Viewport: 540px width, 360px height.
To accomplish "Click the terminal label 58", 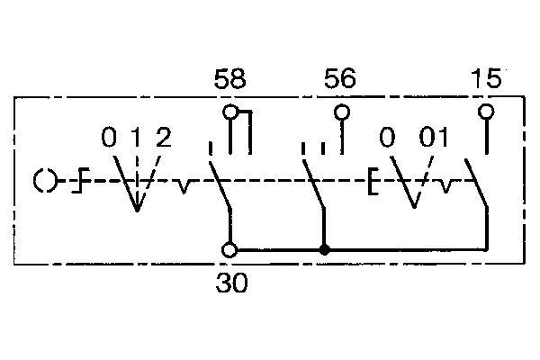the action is [230, 78].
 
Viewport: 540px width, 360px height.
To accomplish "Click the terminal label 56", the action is [340, 78].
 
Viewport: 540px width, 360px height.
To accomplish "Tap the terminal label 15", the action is [486, 78].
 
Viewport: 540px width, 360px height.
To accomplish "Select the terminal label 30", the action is [232, 283].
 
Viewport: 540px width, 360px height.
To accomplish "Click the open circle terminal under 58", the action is [230, 112].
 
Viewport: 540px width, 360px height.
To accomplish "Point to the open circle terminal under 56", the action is [342, 112].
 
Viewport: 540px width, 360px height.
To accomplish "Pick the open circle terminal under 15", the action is [486, 112].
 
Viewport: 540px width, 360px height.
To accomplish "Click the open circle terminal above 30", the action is [229, 250].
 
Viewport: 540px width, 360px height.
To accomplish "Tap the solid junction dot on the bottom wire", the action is [324, 250].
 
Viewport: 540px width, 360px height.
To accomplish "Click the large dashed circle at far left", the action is [45, 181].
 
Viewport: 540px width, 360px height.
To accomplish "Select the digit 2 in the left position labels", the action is [164, 137].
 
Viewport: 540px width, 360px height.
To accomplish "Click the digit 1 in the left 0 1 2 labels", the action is [137, 137].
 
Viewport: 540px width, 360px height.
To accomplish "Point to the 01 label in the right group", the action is [434, 137].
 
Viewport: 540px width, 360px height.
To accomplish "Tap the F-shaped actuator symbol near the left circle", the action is [81, 180].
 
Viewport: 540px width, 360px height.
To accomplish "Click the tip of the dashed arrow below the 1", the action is [137, 211].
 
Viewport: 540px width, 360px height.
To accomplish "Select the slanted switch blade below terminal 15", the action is [476, 183].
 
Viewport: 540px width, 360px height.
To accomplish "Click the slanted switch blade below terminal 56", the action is [313, 184].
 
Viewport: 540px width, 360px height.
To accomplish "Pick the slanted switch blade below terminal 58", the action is [220, 184].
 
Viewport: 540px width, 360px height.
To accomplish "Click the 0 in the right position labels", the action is [387, 137].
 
